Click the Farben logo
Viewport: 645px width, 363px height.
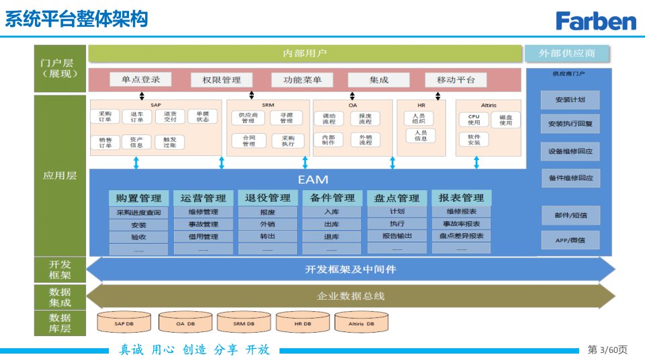tap(595, 20)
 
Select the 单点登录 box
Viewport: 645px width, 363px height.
tap(141, 79)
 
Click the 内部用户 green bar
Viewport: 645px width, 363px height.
tap(305, 53)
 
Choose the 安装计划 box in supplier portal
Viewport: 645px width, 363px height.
tap(570, 100)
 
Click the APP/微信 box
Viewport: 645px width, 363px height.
tap(570, 240)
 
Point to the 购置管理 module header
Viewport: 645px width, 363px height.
tap(138, 198)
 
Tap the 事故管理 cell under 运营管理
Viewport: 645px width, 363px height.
tap(203, 225)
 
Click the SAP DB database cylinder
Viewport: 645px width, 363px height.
tap(124, 323)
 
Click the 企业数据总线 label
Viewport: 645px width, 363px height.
tap(350, 296)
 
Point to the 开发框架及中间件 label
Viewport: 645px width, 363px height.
tap(350, 270)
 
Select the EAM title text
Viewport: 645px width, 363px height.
tap(313, 179)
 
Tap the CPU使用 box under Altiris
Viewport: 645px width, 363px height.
tap(474, 120)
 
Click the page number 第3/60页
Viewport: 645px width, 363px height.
tap(607, 350)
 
